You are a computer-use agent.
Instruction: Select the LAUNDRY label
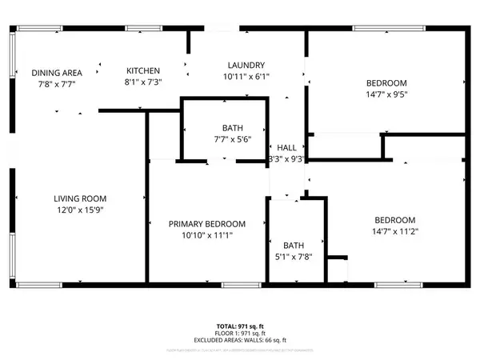click(246, 66)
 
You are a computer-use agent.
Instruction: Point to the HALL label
click(286, 148)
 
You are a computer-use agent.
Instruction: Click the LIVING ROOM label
click(80, 198)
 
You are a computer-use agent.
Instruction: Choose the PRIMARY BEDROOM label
click(206, 224)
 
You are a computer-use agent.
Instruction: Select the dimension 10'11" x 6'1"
click(247, 77)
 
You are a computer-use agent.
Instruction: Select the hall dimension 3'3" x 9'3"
click(286, 159)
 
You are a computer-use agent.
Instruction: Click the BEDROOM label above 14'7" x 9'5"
click(386, 83)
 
